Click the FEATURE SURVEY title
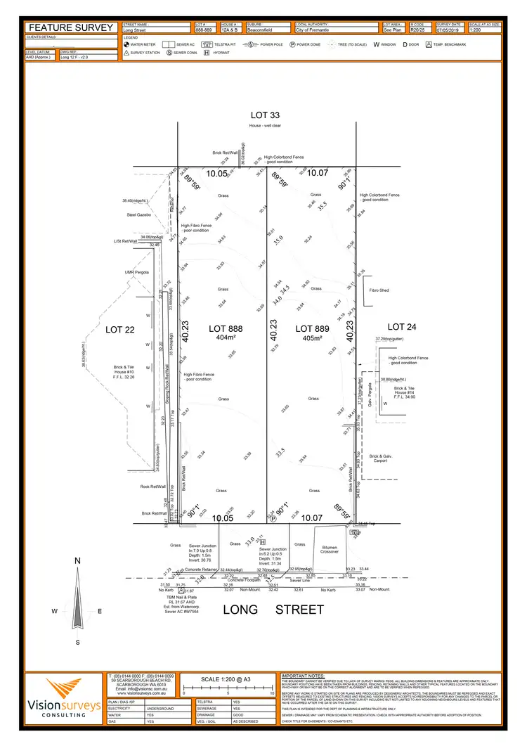click(x=71, y=27)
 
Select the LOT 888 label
click(x=226, y=328)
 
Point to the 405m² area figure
click(x=313, y=337)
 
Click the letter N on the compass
click(x=78, y=560)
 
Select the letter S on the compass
click(x=78, y=642)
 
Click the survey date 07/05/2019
click(x=446, y=30)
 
